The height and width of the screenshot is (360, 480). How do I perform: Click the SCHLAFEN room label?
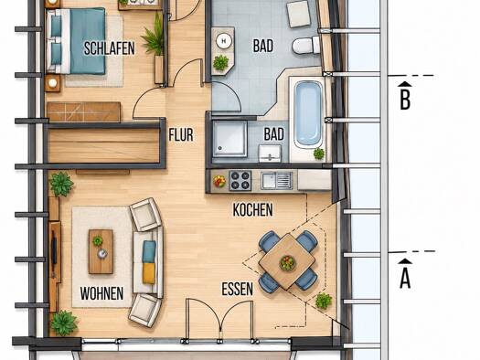110,48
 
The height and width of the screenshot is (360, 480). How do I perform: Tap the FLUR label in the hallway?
181,135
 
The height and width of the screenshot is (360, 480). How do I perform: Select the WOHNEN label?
101,293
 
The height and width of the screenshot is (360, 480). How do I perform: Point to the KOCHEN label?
253,210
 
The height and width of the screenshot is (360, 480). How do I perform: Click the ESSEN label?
238,289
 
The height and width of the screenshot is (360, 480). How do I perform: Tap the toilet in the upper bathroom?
305,46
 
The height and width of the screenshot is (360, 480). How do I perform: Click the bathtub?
308,113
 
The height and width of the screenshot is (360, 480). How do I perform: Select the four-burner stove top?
240,181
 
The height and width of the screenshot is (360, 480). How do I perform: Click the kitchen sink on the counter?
277,180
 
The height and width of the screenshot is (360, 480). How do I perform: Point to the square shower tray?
229,139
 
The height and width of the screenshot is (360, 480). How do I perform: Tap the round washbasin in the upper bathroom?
223,41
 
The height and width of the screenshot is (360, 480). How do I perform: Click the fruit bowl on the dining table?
287,262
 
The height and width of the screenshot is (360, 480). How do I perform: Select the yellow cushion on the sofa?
149,273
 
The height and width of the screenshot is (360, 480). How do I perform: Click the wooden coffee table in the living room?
101,251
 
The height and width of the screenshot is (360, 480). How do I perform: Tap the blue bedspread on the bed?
88,41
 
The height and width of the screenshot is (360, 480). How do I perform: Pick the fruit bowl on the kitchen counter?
219,181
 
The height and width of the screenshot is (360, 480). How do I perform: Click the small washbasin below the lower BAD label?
270,153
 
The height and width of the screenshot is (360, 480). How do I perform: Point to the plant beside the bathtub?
319,154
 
